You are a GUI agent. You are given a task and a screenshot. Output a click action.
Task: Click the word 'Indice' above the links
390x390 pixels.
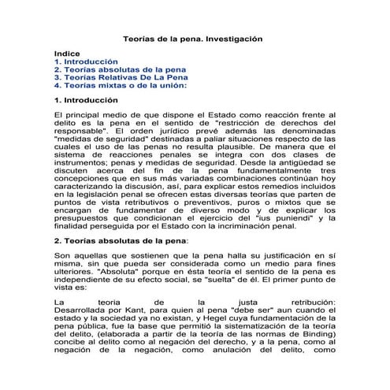67,53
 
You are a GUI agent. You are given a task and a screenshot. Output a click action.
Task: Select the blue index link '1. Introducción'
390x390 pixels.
86,61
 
